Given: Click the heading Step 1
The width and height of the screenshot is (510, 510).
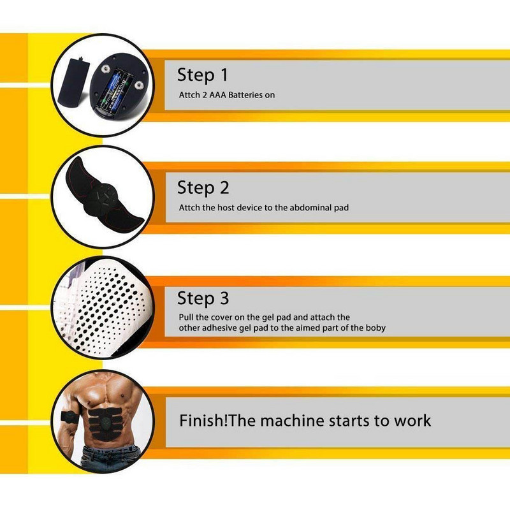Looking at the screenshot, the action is (x=203, y=75).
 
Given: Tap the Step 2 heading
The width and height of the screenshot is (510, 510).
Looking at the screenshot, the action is (x=203, y=187).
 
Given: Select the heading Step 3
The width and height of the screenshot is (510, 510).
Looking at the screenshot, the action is (x=203, y=298).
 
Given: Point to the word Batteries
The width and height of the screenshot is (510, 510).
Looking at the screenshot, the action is (x=245, y=95).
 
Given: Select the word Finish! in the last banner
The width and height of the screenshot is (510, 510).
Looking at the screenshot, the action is (x=203, y=420).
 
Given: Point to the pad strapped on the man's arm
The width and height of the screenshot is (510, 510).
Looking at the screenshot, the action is (x=69, y=417).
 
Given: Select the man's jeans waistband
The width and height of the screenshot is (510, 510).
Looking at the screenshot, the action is (x=110, y=450).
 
